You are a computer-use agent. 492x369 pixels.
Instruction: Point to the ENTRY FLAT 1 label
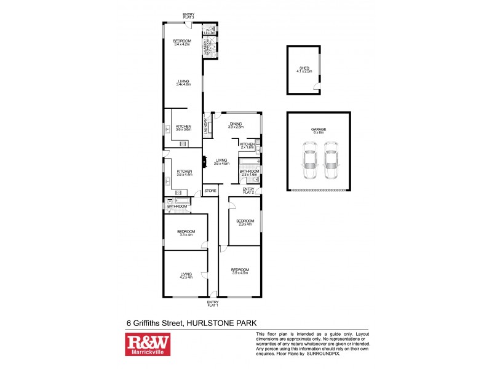point(213,303)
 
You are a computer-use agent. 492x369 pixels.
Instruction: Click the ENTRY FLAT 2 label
point(248,190)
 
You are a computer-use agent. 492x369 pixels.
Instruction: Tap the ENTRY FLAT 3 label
point(188,17)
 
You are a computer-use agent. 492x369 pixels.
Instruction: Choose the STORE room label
point(210,191)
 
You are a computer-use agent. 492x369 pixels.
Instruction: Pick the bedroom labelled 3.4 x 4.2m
point(183,43)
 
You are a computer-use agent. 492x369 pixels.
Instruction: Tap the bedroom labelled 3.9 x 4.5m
point(240,271)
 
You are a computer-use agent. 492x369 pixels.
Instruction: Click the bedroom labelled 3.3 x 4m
point(186,233)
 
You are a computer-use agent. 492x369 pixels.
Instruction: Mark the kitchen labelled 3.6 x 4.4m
point(184,173)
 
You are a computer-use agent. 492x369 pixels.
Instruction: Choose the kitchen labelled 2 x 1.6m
point(247,146)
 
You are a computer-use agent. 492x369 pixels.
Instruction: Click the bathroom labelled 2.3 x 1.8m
point(249,173)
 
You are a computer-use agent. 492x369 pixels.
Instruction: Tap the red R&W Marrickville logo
point(146,344)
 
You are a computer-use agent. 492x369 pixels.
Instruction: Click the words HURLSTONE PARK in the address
point(229,322)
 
